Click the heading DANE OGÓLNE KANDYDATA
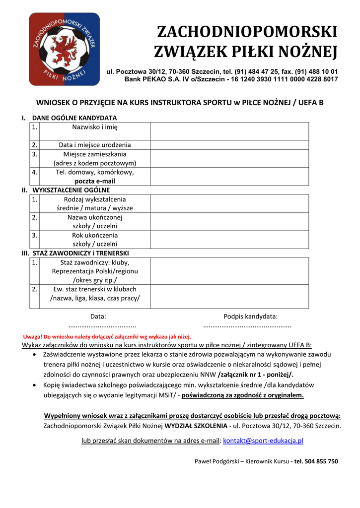pyautogui.click(x=74, y=118)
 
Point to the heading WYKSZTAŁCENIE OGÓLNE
pyautogui.click(x=71, y=190)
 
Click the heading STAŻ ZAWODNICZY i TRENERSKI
pyautogui.click(x=80, y=253)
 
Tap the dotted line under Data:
pyautogui.click(x=101, y=326)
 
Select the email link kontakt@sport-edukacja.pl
pyautogui.click(x=263, y=440)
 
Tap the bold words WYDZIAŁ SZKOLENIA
pyautogui.click(x=196, y=426)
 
